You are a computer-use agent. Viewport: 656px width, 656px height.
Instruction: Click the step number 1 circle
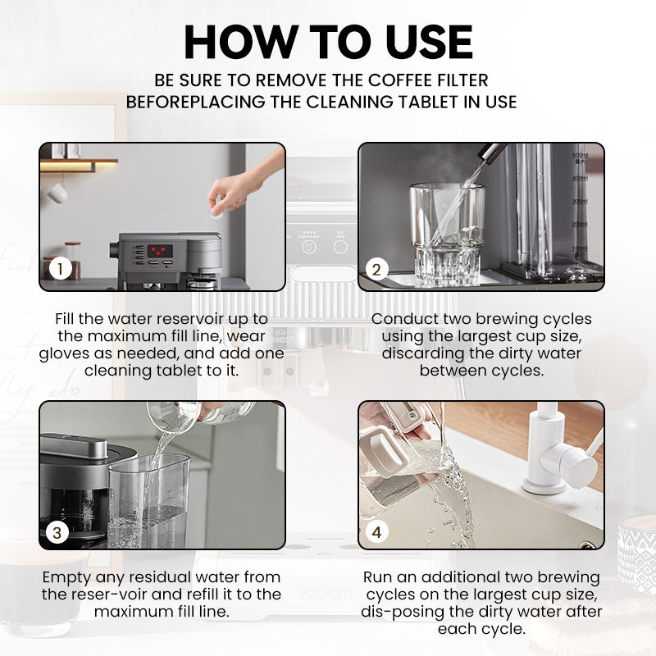coord(60,269)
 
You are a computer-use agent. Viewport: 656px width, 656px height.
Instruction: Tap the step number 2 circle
coord(376,270)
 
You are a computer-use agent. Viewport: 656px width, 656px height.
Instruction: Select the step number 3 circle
coord(57,532)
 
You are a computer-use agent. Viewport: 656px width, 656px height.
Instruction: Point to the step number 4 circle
coord(376,532)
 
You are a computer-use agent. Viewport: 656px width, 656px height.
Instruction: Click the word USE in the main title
coord(429,42)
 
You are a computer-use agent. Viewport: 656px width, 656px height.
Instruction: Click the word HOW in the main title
coord(239,42)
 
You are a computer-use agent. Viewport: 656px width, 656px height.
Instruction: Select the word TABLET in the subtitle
coord(423,102)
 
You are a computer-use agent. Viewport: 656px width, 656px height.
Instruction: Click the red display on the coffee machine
coord(160,251)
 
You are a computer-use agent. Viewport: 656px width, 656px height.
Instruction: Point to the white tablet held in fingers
coord(216,214)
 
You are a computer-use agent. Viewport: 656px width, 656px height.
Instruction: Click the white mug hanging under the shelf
coord(57,193)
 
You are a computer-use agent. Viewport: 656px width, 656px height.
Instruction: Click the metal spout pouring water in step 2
coord(493,152)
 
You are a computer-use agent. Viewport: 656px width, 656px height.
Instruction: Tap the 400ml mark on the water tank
coord(580,179)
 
